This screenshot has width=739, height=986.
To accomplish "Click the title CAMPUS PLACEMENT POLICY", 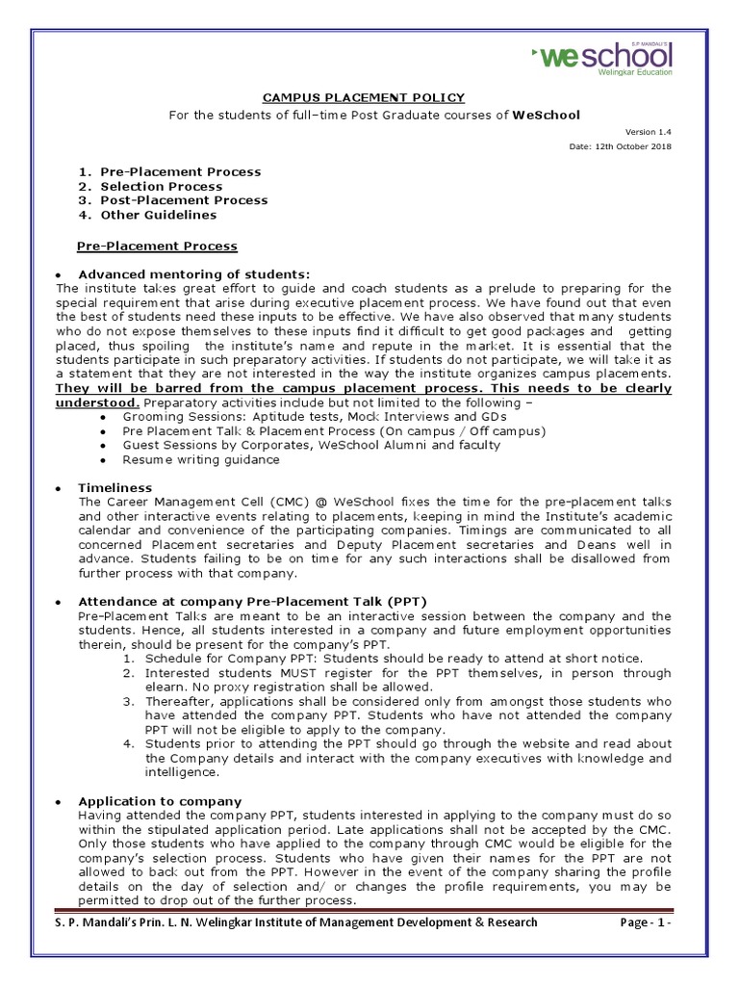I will [x=364, y=97].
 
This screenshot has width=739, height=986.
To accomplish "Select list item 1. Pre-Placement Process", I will [x=169, y=171].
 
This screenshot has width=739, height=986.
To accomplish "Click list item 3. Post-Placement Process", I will [x=172, y=200].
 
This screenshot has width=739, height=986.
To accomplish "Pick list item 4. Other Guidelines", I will [x=148, y=215].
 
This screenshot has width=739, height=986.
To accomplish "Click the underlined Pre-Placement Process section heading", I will [x=157, y=246].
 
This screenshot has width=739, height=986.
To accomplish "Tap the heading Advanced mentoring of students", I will [x=194, y=274].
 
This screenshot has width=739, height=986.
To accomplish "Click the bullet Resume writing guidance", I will [x=201, y=459].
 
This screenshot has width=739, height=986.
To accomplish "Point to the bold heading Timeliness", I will [x=115, y=488].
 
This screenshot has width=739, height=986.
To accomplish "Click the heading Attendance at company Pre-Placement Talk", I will [x=252, y=602].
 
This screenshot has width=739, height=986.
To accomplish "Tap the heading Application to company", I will [x=160, y=801].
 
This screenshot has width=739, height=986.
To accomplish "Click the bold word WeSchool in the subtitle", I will [x=546, y=115].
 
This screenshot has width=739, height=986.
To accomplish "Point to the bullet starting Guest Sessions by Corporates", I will [x=312, y=445].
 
